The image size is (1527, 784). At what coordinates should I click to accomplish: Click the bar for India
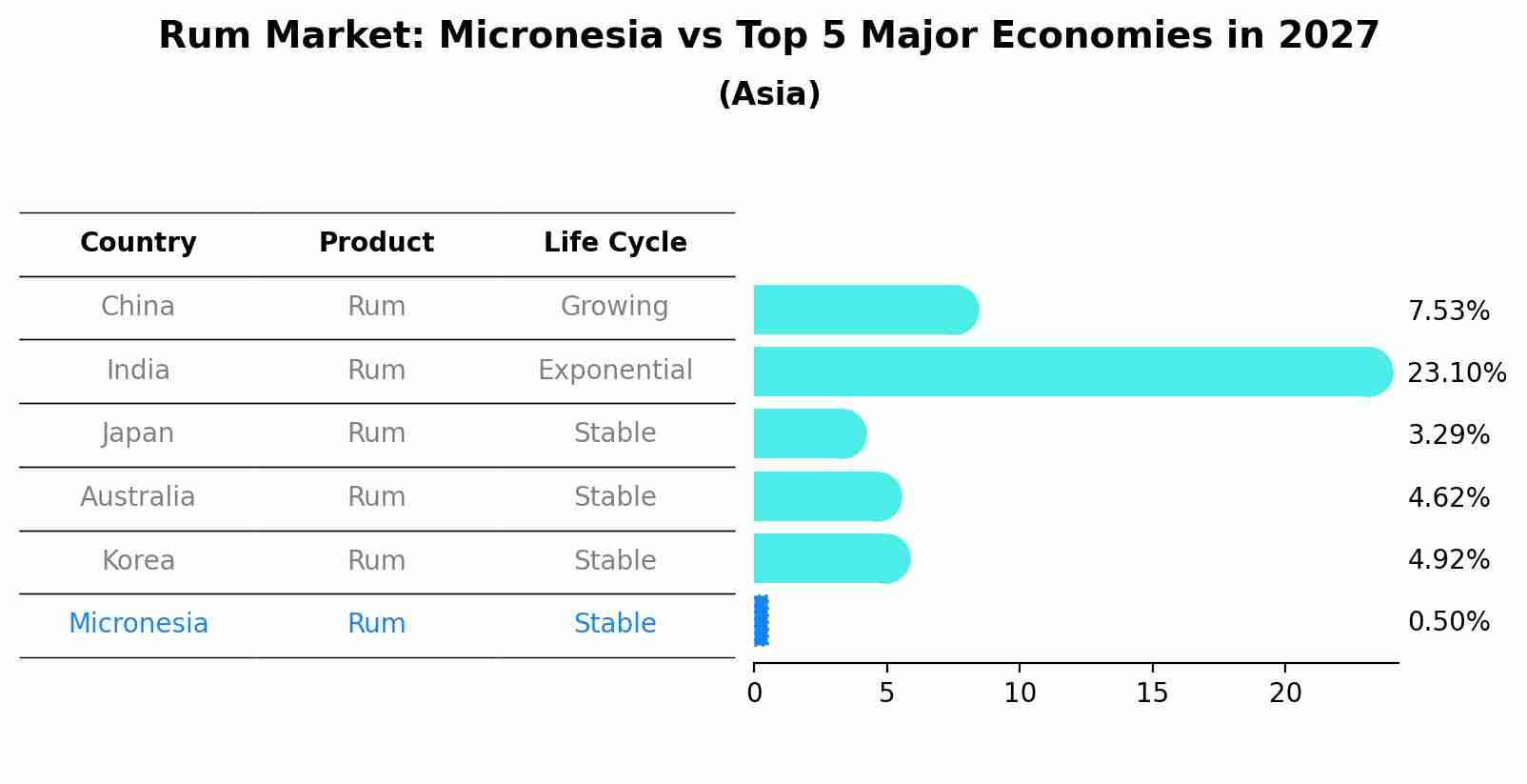click(1073, 372)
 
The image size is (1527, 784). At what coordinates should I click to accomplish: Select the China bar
click(866, 310)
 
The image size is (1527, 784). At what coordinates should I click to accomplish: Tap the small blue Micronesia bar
click(762, 620)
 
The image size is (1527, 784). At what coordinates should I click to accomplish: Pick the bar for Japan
click(810, 434)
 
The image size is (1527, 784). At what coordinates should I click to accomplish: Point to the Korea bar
click(832, 559)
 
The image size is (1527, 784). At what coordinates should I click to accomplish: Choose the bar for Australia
click(827, 496)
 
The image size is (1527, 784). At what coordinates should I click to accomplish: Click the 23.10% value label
click(1457, 373)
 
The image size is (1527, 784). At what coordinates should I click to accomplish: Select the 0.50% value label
click(1449, 622)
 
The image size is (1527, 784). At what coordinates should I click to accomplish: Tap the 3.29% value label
click(1449, 434)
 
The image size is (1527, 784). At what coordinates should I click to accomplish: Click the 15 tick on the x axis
click(1152, 694)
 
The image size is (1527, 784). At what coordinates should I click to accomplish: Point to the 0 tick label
click(755, 694)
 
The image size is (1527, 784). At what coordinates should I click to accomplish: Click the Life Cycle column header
click(615, 242)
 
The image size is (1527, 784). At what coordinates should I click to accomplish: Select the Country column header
click(138, 242)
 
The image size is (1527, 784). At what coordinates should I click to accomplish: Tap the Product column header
click(376, 242)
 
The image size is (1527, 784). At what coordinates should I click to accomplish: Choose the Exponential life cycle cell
click(615, 371)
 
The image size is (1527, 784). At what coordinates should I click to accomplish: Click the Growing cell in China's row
click(615, 307)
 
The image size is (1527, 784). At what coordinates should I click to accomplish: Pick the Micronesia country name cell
click(138, 623)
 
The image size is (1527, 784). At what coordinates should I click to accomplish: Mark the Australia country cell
click(138, 496)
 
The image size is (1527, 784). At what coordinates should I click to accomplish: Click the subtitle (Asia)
click(769, 93)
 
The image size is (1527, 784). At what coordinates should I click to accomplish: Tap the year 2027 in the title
click(1329, 35)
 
